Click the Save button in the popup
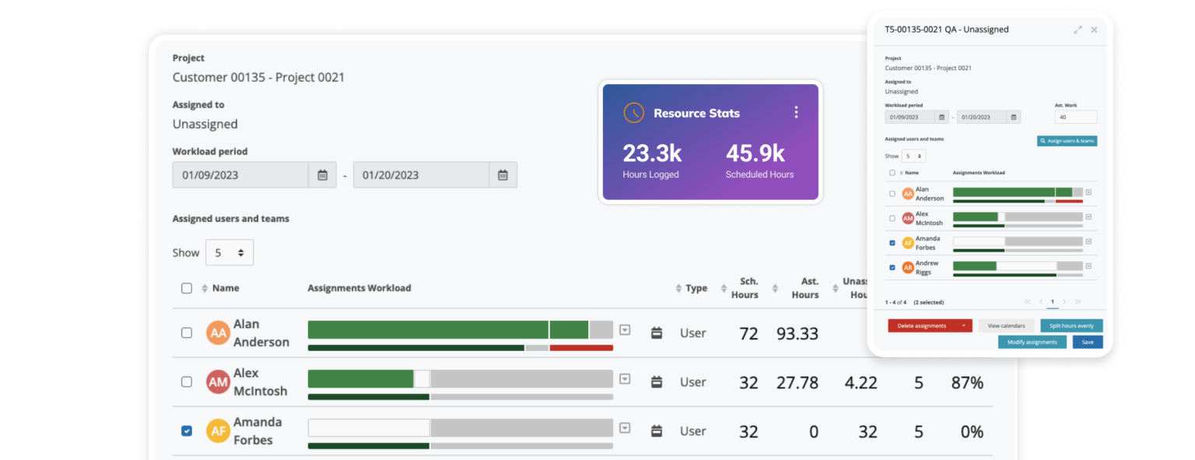1088,342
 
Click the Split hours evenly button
1071,325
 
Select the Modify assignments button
1032,342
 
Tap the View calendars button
1006,325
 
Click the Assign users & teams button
1067,141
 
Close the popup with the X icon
1094,30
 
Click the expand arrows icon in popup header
1078,30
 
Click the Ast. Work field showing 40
1075,117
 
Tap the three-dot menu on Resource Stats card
796,113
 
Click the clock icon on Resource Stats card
634,113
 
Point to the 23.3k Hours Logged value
652,153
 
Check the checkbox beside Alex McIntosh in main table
187,382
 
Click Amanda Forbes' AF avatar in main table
218,431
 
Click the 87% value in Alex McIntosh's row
967,382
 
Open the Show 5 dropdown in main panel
230,252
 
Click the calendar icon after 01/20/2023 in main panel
503,175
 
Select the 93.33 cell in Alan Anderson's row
797,333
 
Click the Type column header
696,288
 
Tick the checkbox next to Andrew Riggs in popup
892,267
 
